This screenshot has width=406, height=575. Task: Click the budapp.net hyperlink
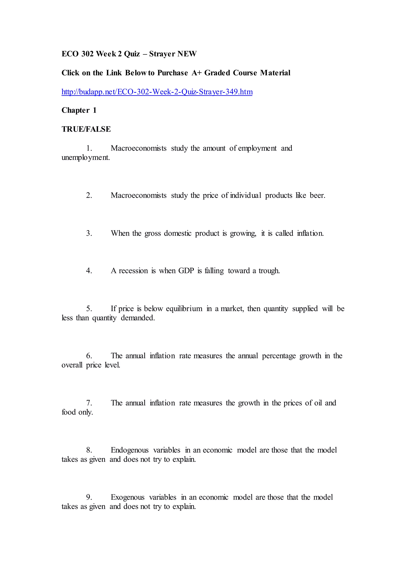157,92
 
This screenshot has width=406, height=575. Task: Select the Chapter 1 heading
79,110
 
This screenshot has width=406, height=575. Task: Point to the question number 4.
89,271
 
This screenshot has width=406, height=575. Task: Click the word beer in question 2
317,195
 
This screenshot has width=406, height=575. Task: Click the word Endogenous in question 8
129,450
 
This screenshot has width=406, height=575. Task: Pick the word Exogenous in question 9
127,497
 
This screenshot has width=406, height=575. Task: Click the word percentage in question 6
279,356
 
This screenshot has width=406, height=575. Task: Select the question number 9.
89,497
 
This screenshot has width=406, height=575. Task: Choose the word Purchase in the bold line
172,73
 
